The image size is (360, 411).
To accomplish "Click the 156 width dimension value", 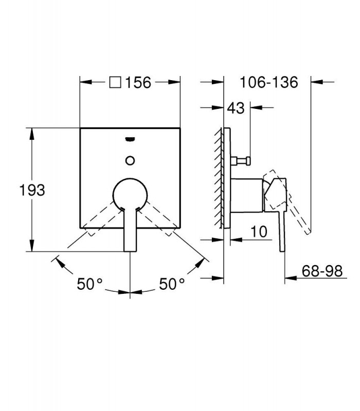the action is pyautogui.click(x=138, y=82).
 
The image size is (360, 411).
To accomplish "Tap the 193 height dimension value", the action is pyautogui.click(x=32, y=190).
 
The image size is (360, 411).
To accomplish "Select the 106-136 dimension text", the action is pyautogui.click(x=269, y=82).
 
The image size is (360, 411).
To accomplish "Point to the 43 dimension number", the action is pyautogui.click(x=236, y=108).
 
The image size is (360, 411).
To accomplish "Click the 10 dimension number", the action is pyautogui.click(x=259, y=232).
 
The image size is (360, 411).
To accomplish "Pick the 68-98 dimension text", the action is pyautogui.click(x=322, y=271).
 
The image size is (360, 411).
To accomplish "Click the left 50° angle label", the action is pyautogui.click(x=89, y=284).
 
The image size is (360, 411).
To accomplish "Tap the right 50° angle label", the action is pyautogui.click(x=172, y=284).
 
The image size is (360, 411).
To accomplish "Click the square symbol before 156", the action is pyautogui.click(x=115, y=82).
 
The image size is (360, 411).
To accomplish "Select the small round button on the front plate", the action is pyautogui.click(x=130, y=160).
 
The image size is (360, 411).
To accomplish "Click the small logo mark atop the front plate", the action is pyautogui.click(x=130, y=139).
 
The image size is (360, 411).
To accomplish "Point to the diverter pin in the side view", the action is pyautogui.click(x=240, y=160).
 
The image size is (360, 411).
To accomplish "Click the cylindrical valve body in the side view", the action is pyautogui.click(x=247, y=195).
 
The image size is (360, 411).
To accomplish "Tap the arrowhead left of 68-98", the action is pyautogui.click(x=291, y=278).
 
